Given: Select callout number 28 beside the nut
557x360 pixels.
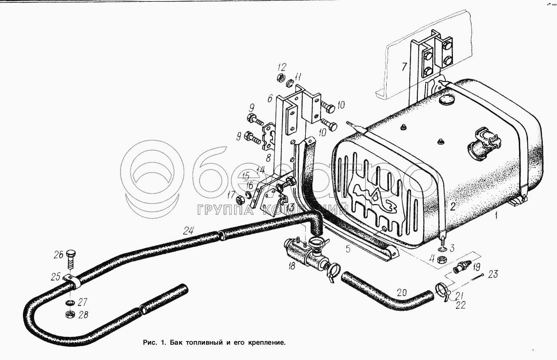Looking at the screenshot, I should [x=83, y=314].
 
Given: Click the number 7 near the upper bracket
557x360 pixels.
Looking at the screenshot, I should [x=404, y=67].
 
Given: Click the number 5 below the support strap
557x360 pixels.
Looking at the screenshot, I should [x=348, y=249].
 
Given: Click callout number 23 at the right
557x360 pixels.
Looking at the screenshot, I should [x=493, y=274].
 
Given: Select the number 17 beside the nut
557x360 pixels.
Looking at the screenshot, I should [x=231, y=194].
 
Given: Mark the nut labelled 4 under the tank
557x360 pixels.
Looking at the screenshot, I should [x=442, y=259].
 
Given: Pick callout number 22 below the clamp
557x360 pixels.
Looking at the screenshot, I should [x=460, y=305].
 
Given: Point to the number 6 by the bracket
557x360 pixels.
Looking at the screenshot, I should [x=270, y=99].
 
